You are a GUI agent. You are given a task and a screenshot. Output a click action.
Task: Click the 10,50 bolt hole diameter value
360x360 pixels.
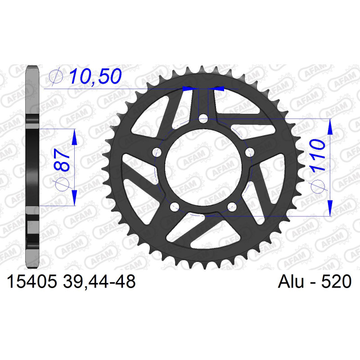point(95,76)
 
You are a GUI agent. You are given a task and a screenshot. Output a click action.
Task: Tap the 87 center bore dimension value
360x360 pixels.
point(62,160)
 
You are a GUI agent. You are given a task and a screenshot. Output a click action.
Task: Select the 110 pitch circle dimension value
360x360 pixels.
point(318,155)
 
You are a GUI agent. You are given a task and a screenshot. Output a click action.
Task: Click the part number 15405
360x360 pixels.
point(31,282)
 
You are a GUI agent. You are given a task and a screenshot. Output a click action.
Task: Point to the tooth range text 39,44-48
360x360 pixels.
point(99,282)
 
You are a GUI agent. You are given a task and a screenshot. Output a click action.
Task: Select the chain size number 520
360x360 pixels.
point(336,282)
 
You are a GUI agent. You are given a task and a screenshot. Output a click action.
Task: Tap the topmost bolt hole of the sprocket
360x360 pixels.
point(203,119)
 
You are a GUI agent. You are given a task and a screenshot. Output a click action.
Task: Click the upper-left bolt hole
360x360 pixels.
point(157,152)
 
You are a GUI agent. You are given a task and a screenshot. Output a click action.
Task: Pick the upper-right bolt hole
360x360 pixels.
point(250,152)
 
